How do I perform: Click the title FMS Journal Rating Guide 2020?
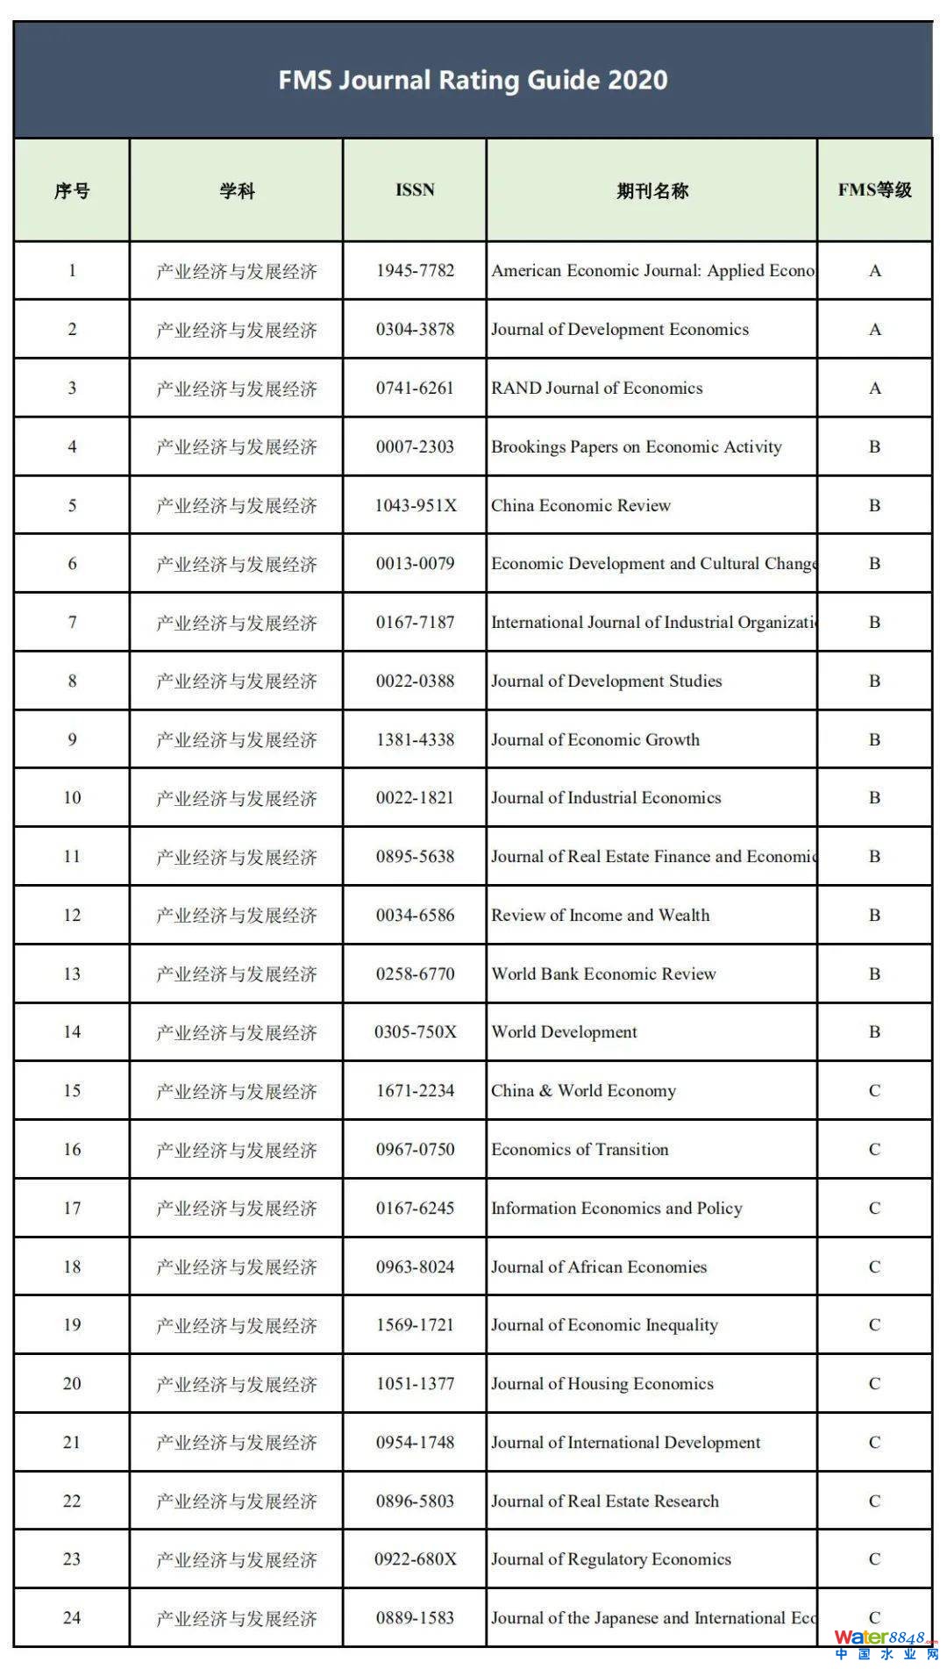(473, 81)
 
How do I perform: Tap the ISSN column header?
(415, 189)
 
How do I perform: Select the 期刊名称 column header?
(652, 190)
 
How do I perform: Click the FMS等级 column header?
(874, 189)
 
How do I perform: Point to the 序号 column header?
(72, 190)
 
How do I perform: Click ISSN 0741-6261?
(415, 388)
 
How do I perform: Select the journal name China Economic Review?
(580, 505)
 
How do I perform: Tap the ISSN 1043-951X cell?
(415, 505)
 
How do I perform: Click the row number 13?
(72, 974)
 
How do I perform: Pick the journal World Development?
(564, 1031)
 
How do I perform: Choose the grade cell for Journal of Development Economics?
(874, 329)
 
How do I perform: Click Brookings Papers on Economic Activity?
(636, 446)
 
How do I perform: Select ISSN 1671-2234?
(415, 1090)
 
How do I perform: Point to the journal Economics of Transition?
(580, 1149)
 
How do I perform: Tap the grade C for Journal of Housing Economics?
(874, 1383)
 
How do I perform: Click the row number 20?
(72, 1383)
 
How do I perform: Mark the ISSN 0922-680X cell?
(415, 1558)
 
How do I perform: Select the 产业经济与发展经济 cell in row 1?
(236, 271)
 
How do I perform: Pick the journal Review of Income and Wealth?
(600, 915)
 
